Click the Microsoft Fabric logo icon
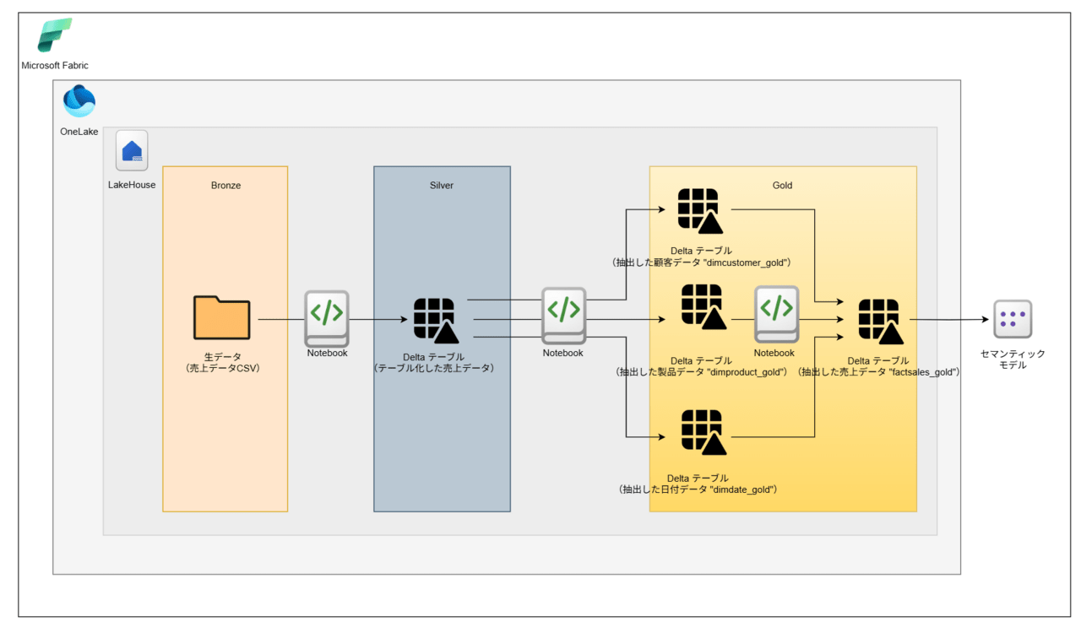tap(55, 35)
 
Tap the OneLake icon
tap(79, 101)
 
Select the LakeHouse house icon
tap(132, 151)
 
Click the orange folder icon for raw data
tap(221, 317)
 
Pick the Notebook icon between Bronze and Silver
tap(327, 317)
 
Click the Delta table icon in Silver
tap(436, 320)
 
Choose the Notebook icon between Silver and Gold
tap(563, 317)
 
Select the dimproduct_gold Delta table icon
tap(701, 307)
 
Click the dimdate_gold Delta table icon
tap(701, 433)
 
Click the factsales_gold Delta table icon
tap(879, 322)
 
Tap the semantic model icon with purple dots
tap(1013, 319)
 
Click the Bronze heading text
tap(225, 186)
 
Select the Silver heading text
tap(442, 186)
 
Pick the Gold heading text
tap(783, 186)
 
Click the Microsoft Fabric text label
tap(55, 66)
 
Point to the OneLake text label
tap(79, 132)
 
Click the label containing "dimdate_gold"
tap(698, 489)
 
